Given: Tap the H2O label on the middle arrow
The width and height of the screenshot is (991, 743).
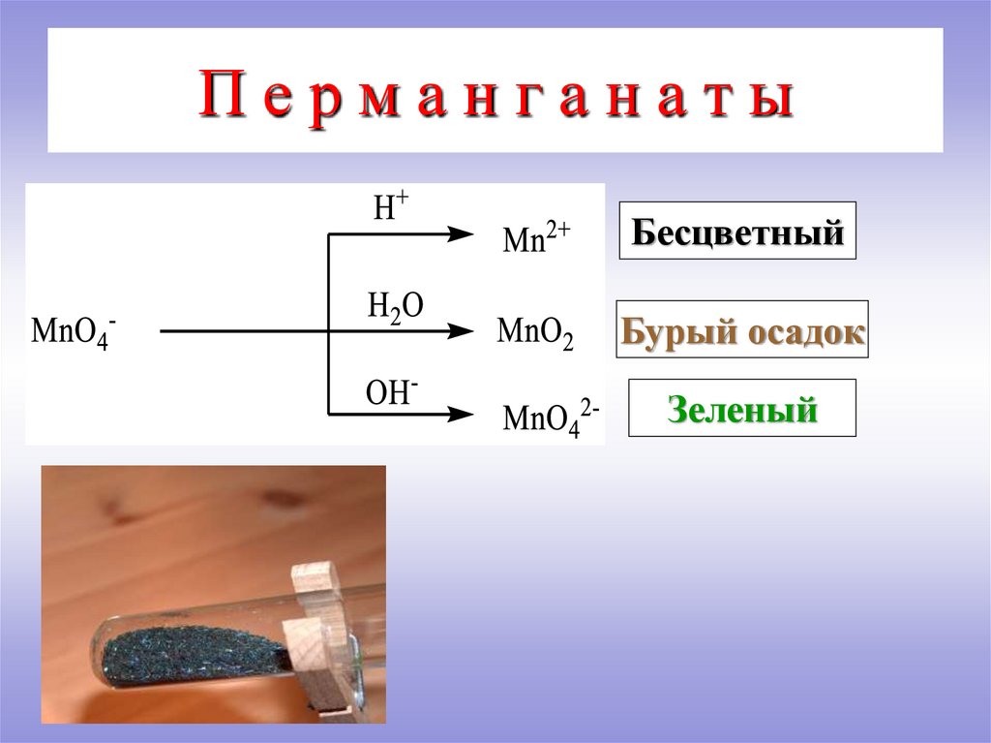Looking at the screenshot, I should pyautogui.click(x=394, y=305).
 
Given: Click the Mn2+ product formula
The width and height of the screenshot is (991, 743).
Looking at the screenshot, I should pyautogui.click(x=538, y=236).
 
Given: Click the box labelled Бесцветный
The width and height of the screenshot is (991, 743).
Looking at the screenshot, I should pyautogui.click(x=737, y=231).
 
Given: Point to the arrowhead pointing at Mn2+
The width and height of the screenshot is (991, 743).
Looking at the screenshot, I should pyautogui.click(x=462, y=234).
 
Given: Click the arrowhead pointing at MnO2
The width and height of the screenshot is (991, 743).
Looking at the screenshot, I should pyautogui.click(x=462, y=331).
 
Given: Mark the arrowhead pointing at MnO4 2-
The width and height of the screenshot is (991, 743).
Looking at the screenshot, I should pyautogui.click(x=462, y=415).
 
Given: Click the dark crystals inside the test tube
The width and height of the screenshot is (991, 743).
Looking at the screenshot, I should pyautogui.click(x=194, y=650).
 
